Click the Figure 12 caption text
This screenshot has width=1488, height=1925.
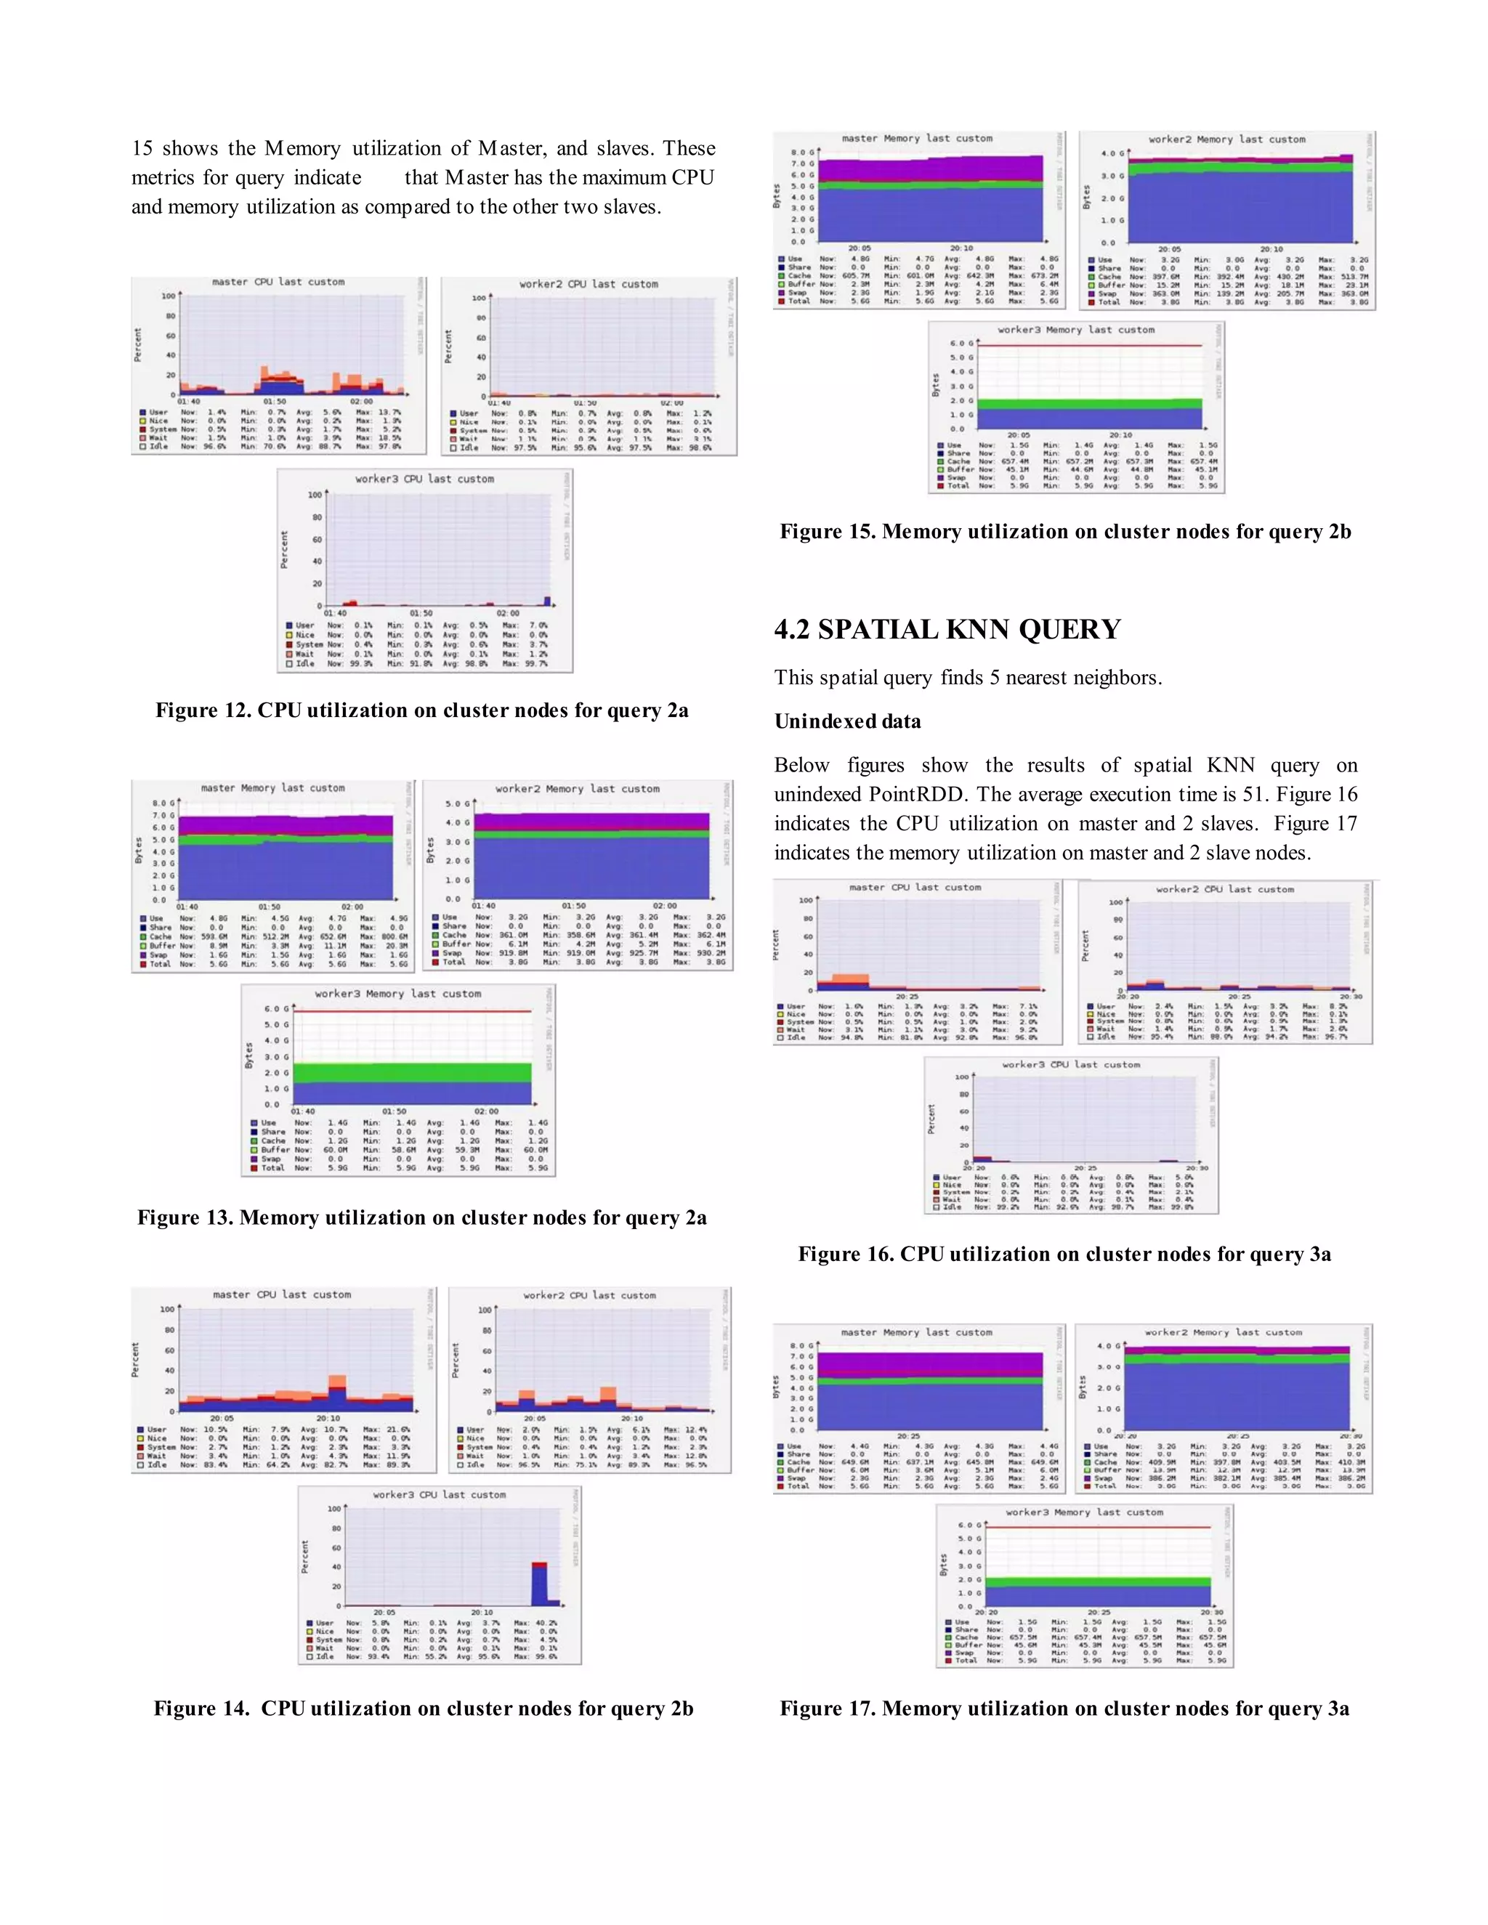tap(421, 710)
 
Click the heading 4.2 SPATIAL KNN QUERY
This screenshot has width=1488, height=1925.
tap(947, 629)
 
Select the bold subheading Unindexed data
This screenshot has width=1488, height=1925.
tap(847, 721)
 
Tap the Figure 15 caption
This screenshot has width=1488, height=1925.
tap(1065, 532)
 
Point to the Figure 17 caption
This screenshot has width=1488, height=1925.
tap(1064, 1709)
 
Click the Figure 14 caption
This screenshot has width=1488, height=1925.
tap(423, 1709)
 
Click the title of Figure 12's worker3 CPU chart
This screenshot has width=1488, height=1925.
tap(424, 479)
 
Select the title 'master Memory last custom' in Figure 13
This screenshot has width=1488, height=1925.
tap(272, 788)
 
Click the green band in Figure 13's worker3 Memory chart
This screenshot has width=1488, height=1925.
tap(412, 1073)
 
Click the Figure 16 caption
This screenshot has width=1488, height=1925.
tap(1064, 1255)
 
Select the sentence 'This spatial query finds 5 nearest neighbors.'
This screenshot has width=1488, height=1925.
tap(968, 678)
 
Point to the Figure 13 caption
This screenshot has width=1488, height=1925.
tap(421, 1217)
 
